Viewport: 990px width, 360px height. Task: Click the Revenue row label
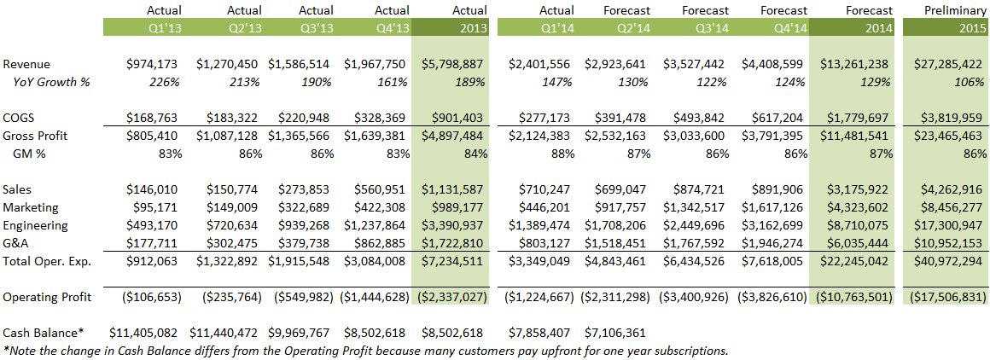[26, 64]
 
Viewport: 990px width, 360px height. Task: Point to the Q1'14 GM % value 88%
[563, 154]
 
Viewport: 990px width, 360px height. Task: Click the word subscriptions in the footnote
[687, 350]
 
